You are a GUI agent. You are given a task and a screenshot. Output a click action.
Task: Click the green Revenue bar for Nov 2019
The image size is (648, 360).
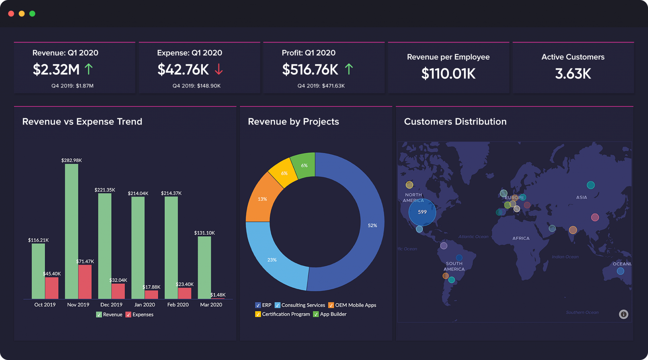tap(72, 231)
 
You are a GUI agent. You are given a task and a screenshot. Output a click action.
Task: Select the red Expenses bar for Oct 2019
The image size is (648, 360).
tap(52, 288)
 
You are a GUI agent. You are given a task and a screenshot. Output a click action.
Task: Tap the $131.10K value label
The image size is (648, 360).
tap(204, 233)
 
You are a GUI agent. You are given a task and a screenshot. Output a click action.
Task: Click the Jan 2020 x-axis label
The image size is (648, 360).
tap(145, 305)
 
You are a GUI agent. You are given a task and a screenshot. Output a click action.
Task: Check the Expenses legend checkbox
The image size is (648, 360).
tap(128, 314)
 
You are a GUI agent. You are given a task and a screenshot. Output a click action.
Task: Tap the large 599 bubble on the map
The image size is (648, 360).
tap(422, 212)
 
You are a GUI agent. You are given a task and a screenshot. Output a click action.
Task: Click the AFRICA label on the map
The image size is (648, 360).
tap(521, 238)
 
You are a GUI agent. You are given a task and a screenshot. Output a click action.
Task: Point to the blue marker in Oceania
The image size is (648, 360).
tap(620, 271)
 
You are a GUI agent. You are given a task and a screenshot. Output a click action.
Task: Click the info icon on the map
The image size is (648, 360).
tap(623, 314)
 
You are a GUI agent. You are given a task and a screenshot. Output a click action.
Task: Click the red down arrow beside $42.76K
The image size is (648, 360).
tap(219, 69)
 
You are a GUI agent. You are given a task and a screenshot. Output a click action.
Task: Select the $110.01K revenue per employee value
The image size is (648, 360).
tap(448, 74)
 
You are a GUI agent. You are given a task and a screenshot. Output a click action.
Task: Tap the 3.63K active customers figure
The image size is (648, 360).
tap(573, 74)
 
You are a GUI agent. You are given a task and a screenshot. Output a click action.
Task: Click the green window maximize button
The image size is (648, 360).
tap(32, 14)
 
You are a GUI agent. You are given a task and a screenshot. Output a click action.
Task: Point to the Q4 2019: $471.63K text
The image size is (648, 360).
tap(321, 86)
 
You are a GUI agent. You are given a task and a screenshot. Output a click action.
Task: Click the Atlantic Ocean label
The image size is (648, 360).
tap(473, 237)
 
